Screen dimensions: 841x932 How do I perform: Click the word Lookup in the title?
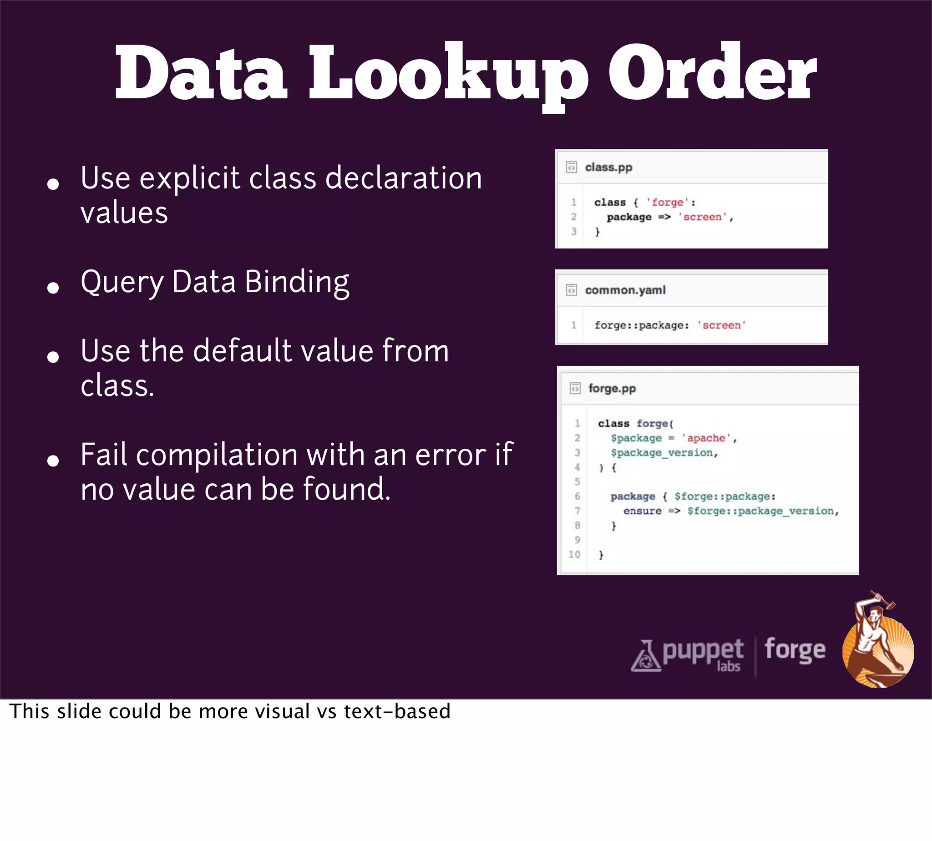pyautogui.click(x=448, y=74)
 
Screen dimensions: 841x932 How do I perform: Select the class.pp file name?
pyautogui.click(x=608, y=167)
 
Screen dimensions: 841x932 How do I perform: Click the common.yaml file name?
pyautogui.click(x=625, y=290)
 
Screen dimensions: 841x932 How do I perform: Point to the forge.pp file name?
pyautogui.click(x=612, y=389)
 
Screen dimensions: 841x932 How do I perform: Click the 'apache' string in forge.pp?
pyautogui.click(x=706, y=438)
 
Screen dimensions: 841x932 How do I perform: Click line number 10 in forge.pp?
pyautogui.click(x=574, y=554)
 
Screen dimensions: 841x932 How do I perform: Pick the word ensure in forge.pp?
pyautogui.click(x=642, y=511)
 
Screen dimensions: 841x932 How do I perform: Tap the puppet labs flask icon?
pyautogui.click(x=645, y=656)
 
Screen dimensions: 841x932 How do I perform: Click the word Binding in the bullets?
pyautogui.click(x=297, y=282)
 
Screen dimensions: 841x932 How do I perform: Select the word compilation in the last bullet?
pyautogui.click(x=217, y=455)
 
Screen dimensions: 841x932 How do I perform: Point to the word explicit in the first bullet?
pyautogui.click(x=190, y=178)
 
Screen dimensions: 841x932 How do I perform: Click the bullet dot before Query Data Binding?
pyautogui.click(x=53, y=288)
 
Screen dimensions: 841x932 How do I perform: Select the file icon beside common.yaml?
pyautogui.click(x=572, y=290)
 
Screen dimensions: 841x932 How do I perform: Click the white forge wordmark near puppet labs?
pyautogui.click(x=795, y=651)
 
